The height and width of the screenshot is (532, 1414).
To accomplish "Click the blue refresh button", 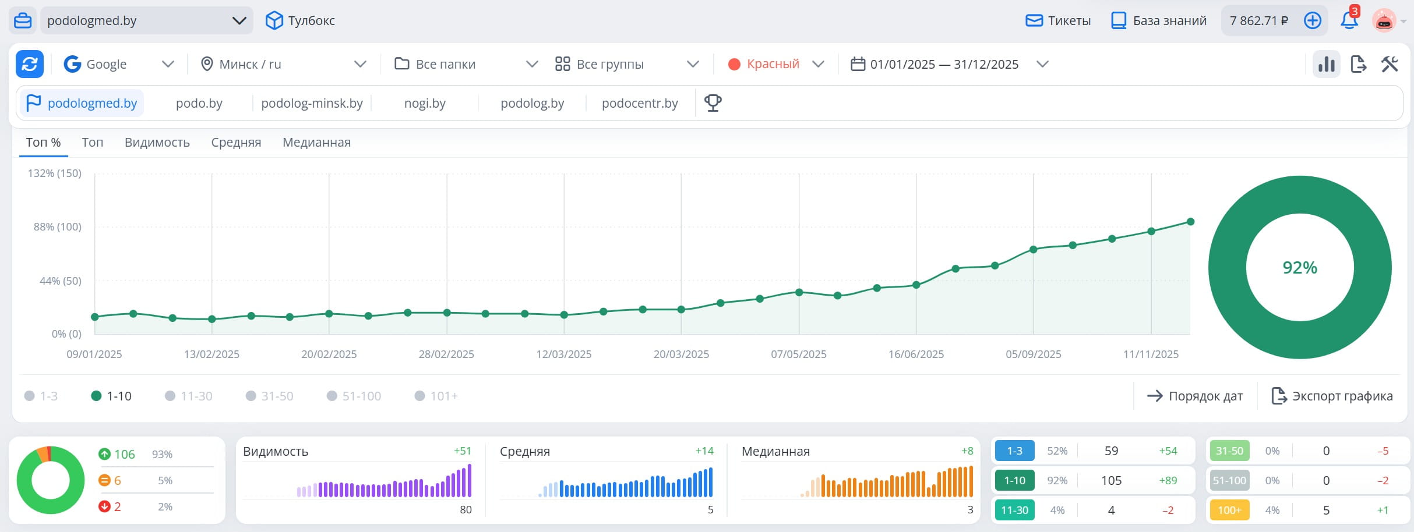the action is click(x=30, y=64).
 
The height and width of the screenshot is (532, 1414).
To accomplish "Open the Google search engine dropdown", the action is click(x=119, y=64).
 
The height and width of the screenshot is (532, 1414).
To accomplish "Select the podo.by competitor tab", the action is click(x=199, y=104).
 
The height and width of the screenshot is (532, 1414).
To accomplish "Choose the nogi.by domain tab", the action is click(x=425, y=104).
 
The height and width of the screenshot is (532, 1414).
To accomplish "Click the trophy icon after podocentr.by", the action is click(x=713, y=103).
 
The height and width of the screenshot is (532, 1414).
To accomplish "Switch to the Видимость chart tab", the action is click(x=157, y=143).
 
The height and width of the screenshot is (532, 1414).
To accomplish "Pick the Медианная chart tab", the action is click(x=316, y=143).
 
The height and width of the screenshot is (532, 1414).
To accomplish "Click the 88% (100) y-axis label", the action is click(x=58, y=227).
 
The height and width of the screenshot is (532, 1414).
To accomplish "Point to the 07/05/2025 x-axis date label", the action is click(x=799, y=354).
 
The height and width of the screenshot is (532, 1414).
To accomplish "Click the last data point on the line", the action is click(x=1191, y=222).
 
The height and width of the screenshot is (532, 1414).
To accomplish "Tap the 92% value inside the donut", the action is click(x=1300, y=268).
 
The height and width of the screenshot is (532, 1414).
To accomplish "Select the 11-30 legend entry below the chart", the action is click(x=189, y=396).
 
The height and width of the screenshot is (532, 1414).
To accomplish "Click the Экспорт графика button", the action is click(x=1332, y=396).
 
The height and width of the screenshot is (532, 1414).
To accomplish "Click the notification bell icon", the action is click(x=1349, y=20).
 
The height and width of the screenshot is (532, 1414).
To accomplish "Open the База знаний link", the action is click(x=1159, y=21).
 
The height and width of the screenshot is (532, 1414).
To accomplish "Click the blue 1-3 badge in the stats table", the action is click(x=1015, y=451).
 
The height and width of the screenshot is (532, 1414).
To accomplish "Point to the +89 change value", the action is click(x=1168, y=481).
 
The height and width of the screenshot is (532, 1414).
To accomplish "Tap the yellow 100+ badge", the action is click(x=1229, y=510).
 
